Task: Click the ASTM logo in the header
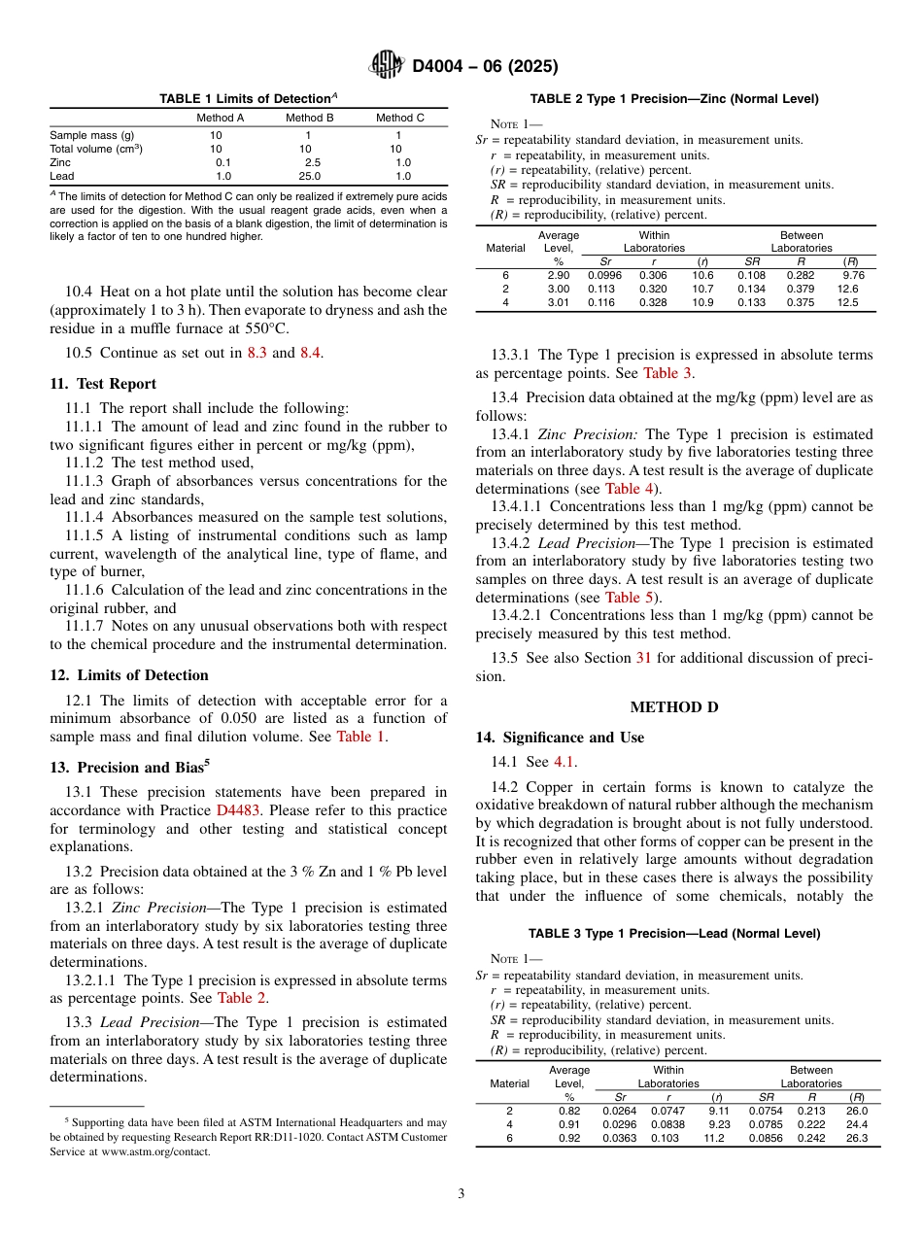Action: tap(388, 66)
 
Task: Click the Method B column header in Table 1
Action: tap(310, 118)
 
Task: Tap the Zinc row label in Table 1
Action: tap(61, 162)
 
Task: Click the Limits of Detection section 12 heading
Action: tap(128, 675)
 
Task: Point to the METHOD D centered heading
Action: tap(674, 706)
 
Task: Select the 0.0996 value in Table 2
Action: tap(605, 275)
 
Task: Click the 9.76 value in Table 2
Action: tap(854, 275)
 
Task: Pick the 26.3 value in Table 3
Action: tap(857, 1138)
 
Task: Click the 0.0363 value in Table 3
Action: tap(620, 1138)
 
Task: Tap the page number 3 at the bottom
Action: tap(461, 1194)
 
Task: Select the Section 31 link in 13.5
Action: tap(642, 658)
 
